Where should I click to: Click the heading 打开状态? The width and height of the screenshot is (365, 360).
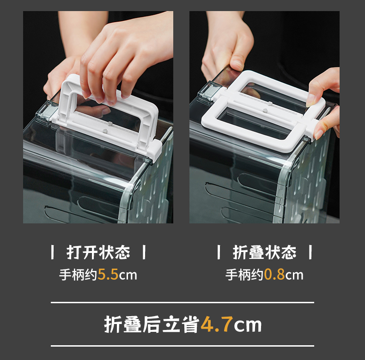tap(98, 252)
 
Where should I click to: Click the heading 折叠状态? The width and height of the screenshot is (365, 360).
tap(264, 252)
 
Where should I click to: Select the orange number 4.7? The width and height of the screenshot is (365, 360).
tap(217, 324)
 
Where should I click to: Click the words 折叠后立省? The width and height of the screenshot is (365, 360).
tap(152, 324)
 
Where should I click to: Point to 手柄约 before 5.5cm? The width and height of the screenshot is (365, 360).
tap(78, 275)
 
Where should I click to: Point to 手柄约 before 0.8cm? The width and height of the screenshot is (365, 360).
tap(244, 275)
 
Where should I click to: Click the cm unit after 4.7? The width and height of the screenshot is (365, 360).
tap(248, 325)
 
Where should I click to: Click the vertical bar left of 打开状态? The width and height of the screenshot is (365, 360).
tap(53, 252)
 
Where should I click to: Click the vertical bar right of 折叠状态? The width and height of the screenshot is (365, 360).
tap(310, 252)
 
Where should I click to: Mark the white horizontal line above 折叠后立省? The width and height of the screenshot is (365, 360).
tap(182, 303)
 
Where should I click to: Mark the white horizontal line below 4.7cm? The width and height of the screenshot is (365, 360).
tap(182, 346)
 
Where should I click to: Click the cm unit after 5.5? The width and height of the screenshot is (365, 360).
tap(128, 276)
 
